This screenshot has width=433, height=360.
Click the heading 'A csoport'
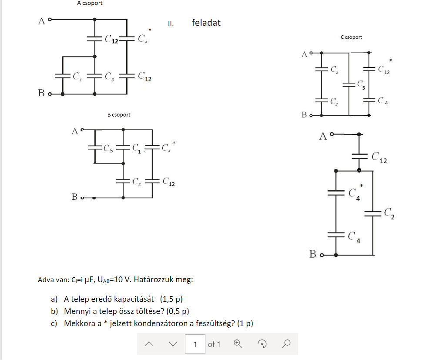point(90,3)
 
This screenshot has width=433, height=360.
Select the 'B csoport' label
point(119,115)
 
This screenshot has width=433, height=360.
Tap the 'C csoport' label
point(351,37)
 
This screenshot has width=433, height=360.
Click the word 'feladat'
point(206,23)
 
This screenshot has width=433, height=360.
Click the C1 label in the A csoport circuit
point(77,77)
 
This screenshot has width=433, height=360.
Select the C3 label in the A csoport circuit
point(109,77)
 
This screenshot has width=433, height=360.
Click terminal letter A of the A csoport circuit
point(42,21)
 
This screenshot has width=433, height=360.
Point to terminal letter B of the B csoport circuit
point(74,197)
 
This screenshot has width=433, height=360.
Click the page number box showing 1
point(195,344)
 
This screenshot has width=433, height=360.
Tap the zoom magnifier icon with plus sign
point(238,343)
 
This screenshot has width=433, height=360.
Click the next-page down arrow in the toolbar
point(173,344)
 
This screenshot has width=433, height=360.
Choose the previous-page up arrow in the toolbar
point(149,344)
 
